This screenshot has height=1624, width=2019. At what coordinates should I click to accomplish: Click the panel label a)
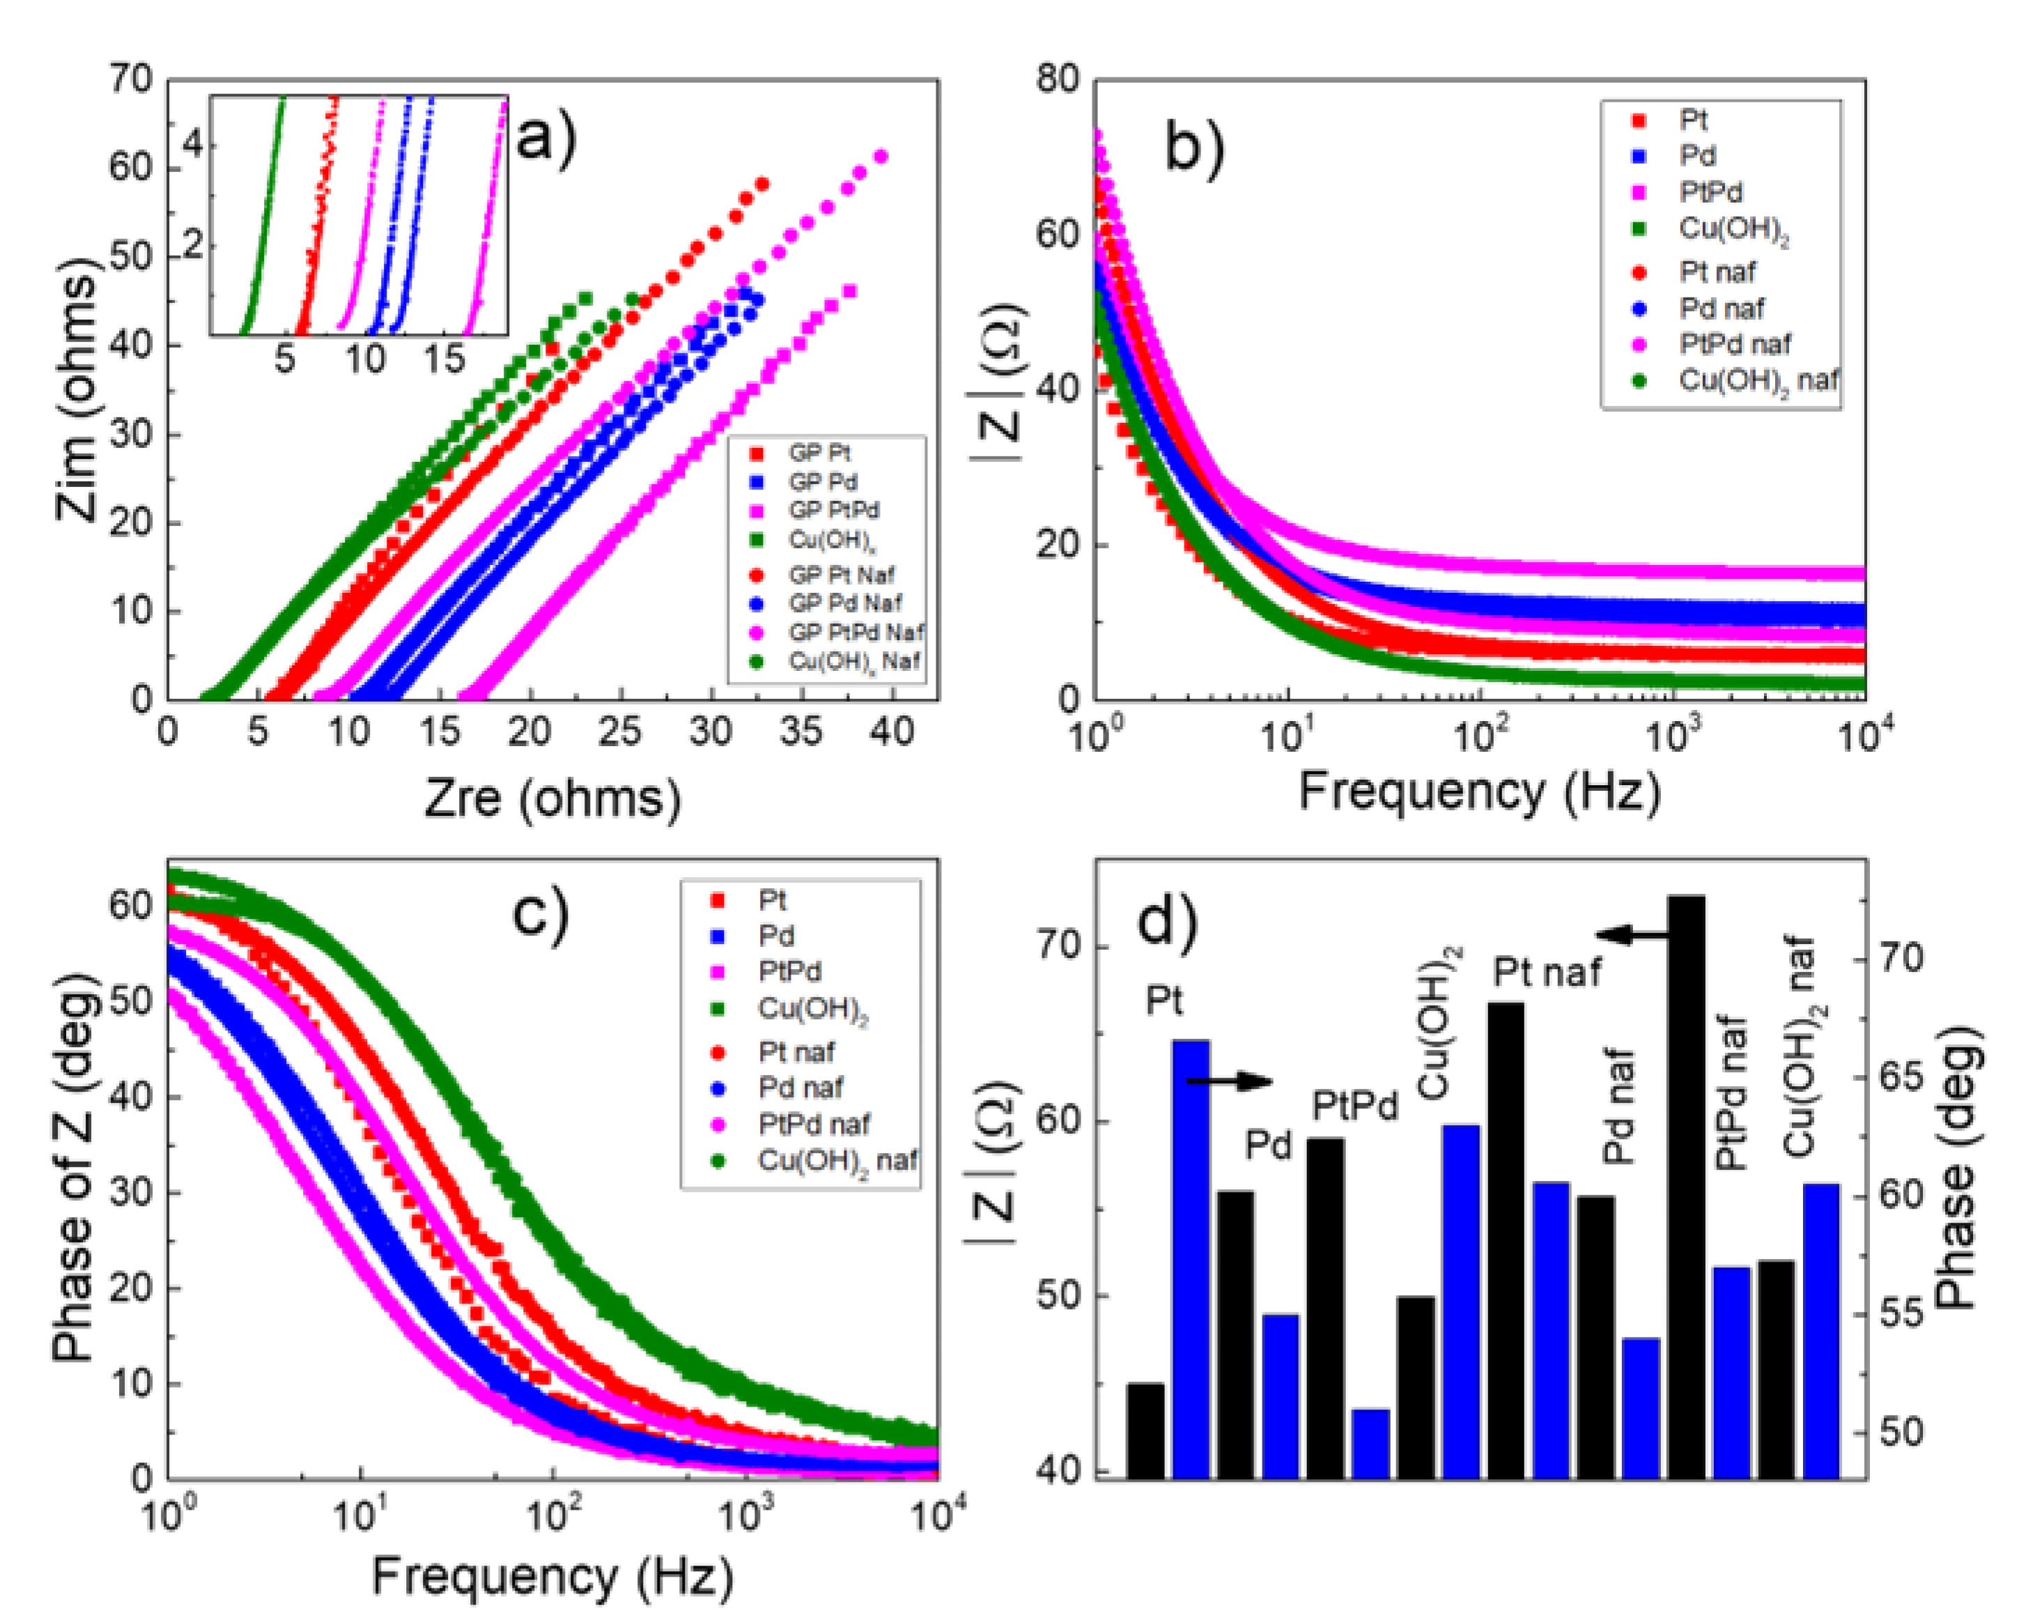click(546, 139)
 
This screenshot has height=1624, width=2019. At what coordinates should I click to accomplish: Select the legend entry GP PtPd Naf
click(854, 632)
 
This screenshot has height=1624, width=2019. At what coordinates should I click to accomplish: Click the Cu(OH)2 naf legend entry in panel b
click(1756, 381)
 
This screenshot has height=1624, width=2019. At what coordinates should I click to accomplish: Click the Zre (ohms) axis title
click(552, 798)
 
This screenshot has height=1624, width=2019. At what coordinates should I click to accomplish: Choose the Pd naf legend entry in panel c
click(799, 1088)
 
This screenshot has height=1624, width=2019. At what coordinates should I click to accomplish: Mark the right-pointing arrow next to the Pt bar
click(1229, 1082)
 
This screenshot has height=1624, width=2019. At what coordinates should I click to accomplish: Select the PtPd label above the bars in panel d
click(1354, 1106)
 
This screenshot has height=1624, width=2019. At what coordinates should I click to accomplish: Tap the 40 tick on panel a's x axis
click(890, 732)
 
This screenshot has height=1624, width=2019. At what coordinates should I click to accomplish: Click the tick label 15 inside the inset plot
click(444, 358)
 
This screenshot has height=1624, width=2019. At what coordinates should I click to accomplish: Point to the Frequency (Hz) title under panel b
click(1478, 792)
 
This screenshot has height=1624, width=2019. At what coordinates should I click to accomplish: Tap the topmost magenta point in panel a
click(881, 156)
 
